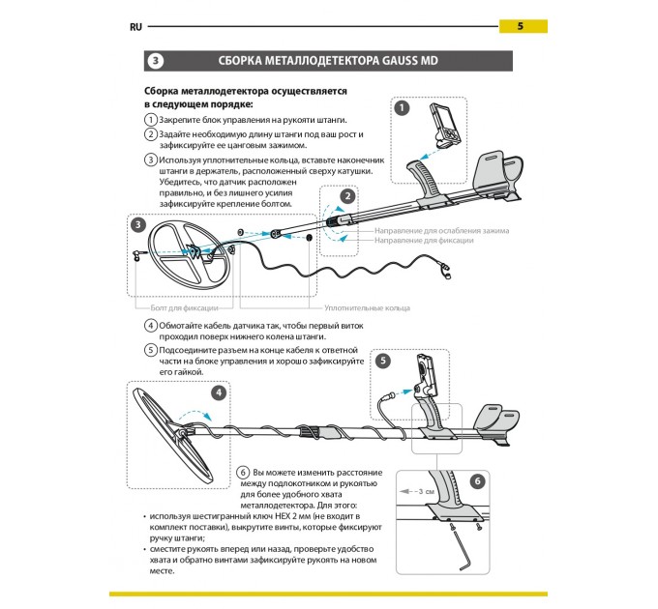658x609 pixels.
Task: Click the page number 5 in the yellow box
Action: [521, 26]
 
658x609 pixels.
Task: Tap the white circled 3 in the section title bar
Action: [157, 61]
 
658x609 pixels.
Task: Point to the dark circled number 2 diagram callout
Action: [346, 196]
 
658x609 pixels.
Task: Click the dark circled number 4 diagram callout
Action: [220, 392]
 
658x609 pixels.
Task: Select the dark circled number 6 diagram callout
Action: [476, 481]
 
